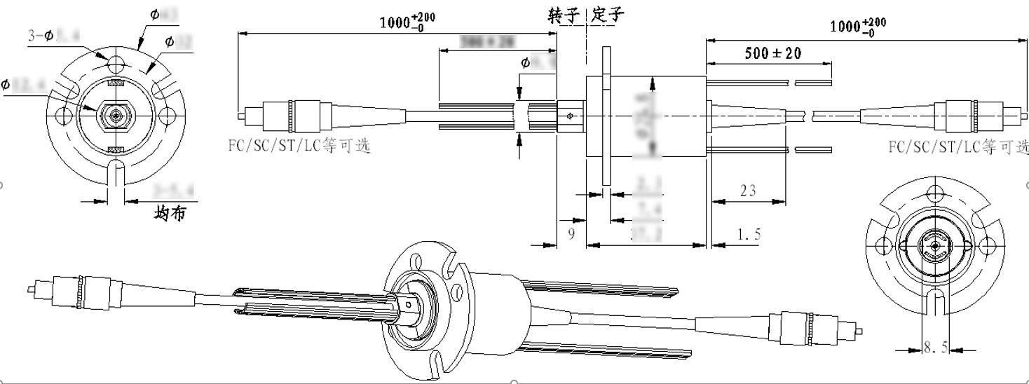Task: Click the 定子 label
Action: [x=607, y=15]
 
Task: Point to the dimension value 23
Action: [x=747, y=190]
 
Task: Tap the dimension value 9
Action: [x=571, y=233]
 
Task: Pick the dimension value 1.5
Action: [x=748, y=233]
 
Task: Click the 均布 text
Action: [x=170, y=213]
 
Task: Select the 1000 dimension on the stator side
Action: [x=857, y=26]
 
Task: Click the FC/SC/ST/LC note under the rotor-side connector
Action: [x=299, y=147]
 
